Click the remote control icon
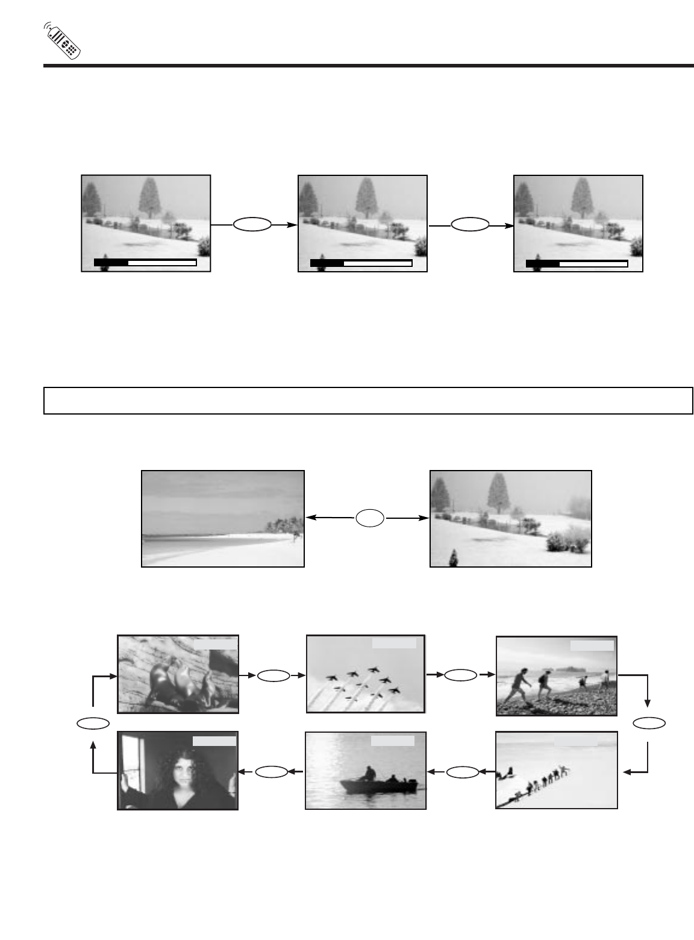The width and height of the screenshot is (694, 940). pyautogui.click(x=63, y=42)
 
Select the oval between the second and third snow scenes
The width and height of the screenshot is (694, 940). pyautogui.click(x=469, y=225)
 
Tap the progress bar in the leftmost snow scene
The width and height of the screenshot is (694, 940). pyautogui.click(x=145, y=263)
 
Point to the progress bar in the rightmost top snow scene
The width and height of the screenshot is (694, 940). pyautogui.click(x=577, y=263)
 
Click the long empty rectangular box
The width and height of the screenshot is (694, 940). pyautogui.click(x=368, y=401)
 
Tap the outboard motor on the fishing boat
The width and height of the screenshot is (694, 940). pyautogui.click(x=411, y=785)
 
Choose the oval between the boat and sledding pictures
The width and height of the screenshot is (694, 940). pyautogui.click(x=461, y=771)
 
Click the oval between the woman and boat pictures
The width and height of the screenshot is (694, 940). pyautogui.click(x=272, y=771)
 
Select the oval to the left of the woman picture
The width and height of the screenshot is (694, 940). pyautogui.click(x=93, y=722)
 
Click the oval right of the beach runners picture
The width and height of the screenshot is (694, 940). pyautogui.click(x=648, y=722)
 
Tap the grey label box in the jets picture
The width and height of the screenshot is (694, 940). pyautogui.click(x=394, y=644)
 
